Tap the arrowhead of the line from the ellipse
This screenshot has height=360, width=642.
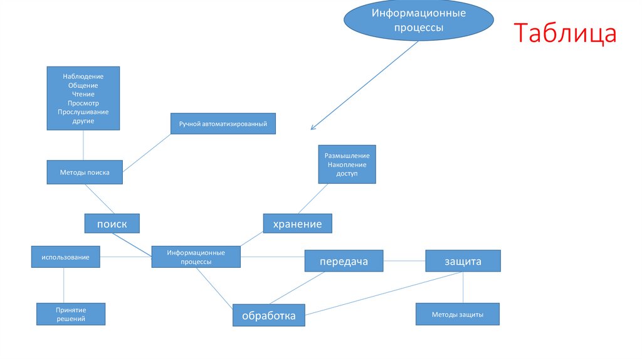click(x=312, y=129)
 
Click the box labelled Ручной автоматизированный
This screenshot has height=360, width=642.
click(x=223, y=124)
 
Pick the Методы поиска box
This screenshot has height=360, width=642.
click(x=85, y=172)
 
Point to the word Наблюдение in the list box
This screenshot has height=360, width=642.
click(x=83, y=77)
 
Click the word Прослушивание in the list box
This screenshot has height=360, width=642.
click(x=83, y=112)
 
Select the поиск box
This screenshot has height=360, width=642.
click(x=112, y=223)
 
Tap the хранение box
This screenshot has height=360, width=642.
click(x=297, y=223)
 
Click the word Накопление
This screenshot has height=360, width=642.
click(x=347, y=164)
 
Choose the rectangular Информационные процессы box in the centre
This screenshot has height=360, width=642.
click(x=196, y=257)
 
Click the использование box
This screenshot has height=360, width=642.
click(x=66, y=257)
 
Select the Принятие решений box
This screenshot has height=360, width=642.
click(x=70, y=314)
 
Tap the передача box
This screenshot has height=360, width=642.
click(x=344, y=261)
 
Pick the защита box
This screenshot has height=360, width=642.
click(x=463, y=261)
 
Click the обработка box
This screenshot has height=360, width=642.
click(x=268, y=315)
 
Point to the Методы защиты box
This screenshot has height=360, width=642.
click(x=458, y=314)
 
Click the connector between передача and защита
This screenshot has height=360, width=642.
click(x=404, y=260)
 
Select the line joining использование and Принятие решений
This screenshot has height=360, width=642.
click(x=64, y=285)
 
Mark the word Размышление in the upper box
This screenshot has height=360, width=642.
click(x=347, y=156)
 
